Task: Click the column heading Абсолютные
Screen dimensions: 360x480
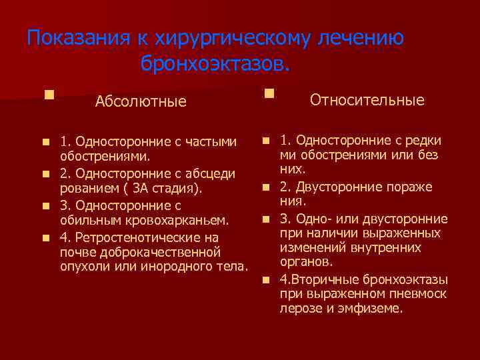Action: pos(141,102)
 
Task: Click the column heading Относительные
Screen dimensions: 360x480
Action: pos(367,100)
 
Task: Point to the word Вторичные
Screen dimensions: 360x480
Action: pos(321,279)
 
